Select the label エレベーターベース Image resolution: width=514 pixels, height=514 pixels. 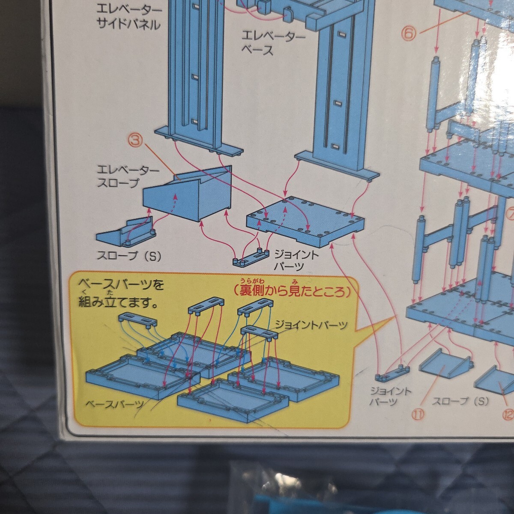273,43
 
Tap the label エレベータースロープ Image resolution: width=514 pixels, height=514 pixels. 128,176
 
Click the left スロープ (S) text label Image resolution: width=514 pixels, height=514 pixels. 129,256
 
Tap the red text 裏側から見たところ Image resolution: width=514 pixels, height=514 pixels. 292,291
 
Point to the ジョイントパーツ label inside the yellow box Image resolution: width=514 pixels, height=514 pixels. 311,325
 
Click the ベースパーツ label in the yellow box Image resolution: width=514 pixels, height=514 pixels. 115,404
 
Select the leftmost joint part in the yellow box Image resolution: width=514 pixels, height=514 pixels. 137,320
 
